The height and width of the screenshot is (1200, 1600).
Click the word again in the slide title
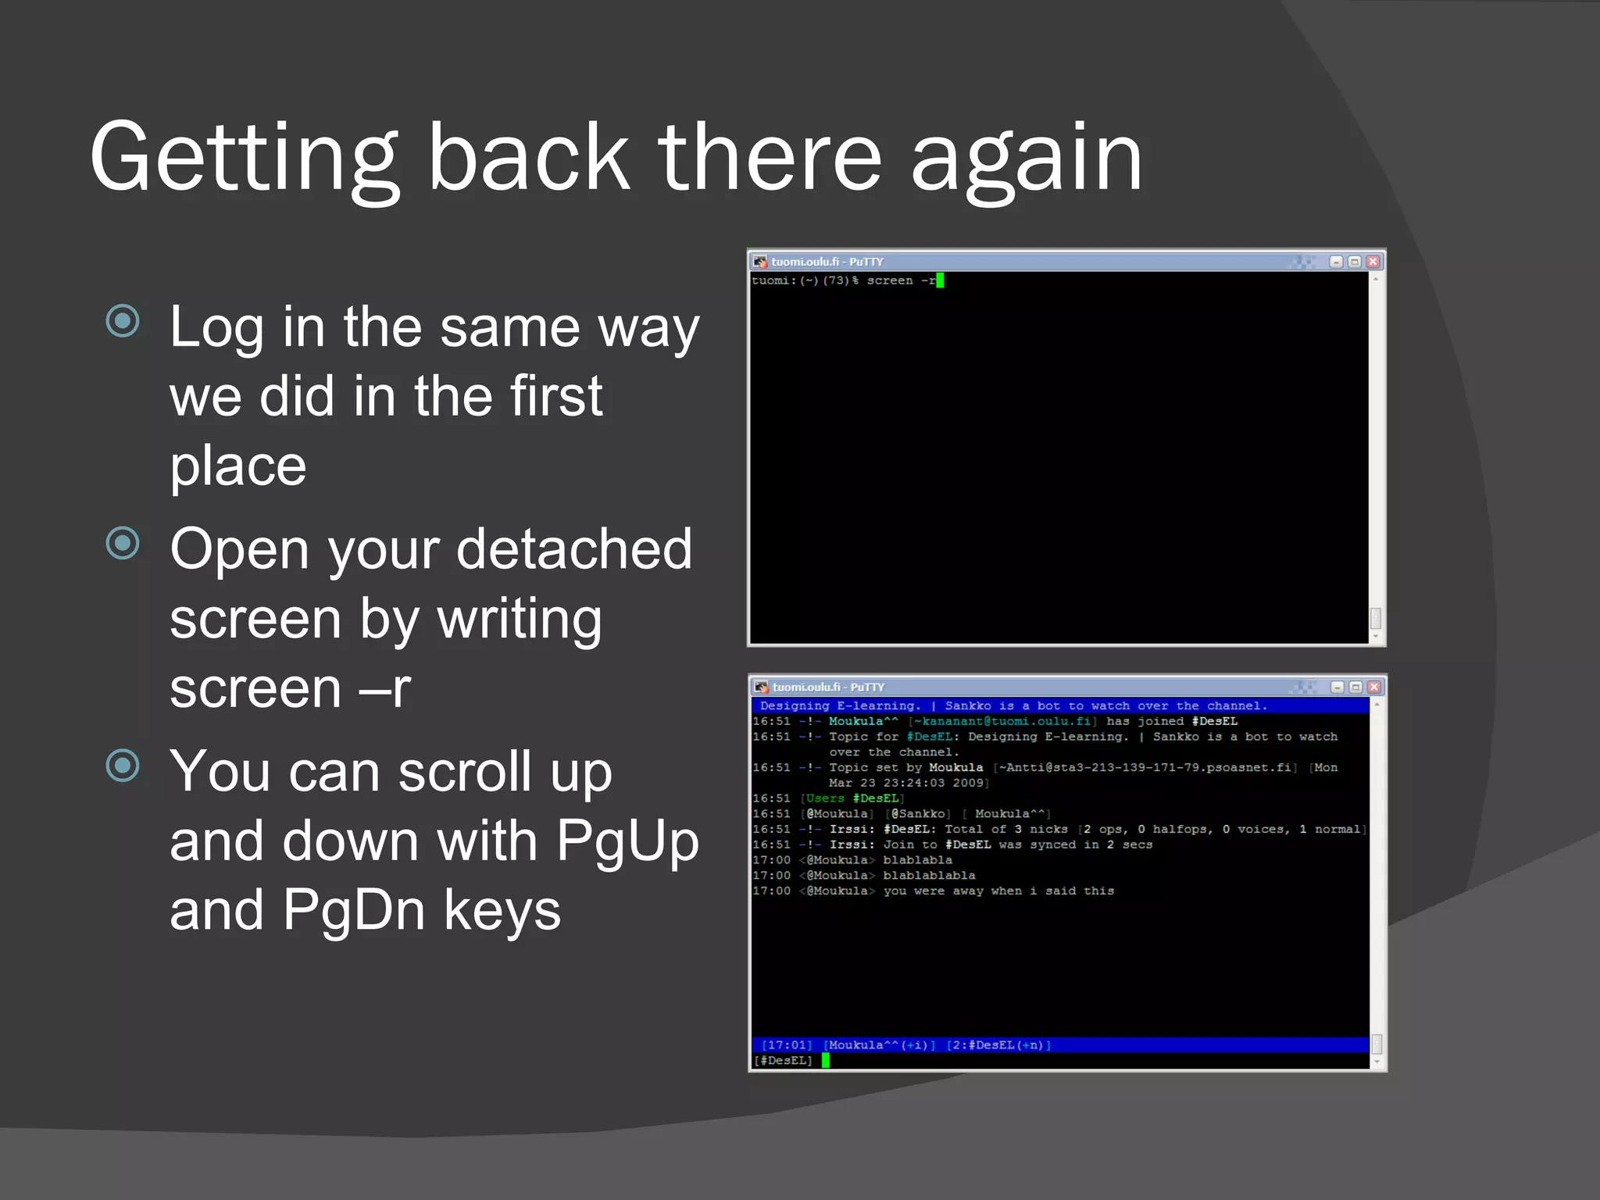[1027, 159]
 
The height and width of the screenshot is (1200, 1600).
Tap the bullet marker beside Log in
[123, 321]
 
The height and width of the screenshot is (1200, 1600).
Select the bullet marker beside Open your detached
[123, 543]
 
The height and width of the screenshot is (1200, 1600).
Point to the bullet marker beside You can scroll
[123, 765]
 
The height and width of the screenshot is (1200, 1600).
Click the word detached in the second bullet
[574, 549]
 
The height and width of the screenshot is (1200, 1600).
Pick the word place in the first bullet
[237, 466]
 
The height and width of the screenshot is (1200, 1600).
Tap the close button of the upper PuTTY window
[1373, 262]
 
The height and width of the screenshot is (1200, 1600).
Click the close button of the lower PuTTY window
[1374, 687]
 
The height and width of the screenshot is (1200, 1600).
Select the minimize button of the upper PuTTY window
[1336, 262]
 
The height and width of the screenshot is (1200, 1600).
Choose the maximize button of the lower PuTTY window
[1356, 687]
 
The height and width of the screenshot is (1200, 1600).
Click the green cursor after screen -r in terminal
[940, 280]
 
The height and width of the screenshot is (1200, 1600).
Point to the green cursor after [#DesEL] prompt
[825, 1060]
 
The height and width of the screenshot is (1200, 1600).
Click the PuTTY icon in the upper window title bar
[760, 262]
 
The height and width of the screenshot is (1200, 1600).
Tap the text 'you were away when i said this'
[998, 891]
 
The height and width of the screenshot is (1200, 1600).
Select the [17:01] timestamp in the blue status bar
[787, 1045]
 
